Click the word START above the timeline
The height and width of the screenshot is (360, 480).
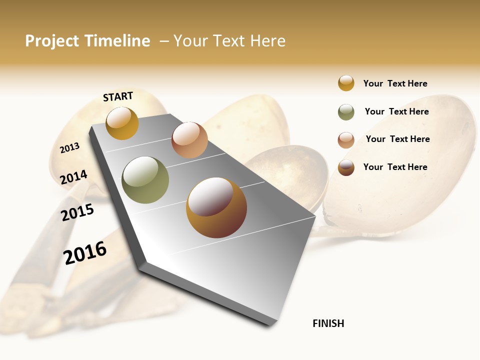click(118, 96)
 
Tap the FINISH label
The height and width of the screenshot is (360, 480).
click(328, 323)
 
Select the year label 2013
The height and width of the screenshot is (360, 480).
click(70, 148)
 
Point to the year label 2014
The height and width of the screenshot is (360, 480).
click(74, 177)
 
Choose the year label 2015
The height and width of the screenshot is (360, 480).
click(77, 212)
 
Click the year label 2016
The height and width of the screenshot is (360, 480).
click(85, 252)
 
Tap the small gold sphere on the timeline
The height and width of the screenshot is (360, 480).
click(122, 123)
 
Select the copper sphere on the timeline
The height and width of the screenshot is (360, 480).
click(189, 140)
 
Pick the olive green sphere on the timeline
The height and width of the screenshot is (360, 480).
click(145, 180)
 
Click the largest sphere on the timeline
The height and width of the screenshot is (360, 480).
click(216, 207)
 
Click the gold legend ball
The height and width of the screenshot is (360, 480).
click(346, 83)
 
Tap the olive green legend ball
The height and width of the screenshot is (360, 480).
click(346, 112)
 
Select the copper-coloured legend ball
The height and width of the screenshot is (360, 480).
click(346, 140)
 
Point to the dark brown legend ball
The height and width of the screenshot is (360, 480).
click(346, 167)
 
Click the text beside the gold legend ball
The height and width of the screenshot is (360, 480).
click(395, 83)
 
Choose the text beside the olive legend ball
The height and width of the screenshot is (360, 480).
click(396, 111)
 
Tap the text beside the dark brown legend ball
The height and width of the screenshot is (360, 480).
click(395, 167)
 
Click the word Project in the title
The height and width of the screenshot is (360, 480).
click(52, 41)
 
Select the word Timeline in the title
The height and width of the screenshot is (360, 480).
click(117, 41)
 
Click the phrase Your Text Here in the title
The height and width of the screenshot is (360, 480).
click(229, 41)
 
